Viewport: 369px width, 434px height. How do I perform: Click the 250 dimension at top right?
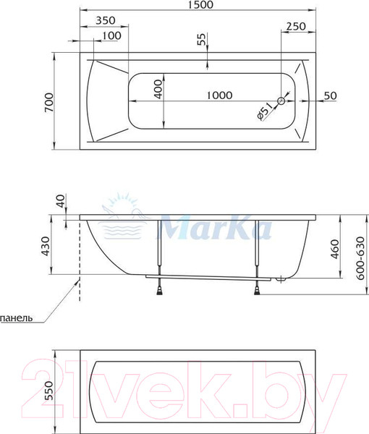point(296,26)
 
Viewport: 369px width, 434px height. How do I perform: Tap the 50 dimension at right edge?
point(331,95)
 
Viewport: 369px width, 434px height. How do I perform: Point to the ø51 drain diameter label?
point(264,112)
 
